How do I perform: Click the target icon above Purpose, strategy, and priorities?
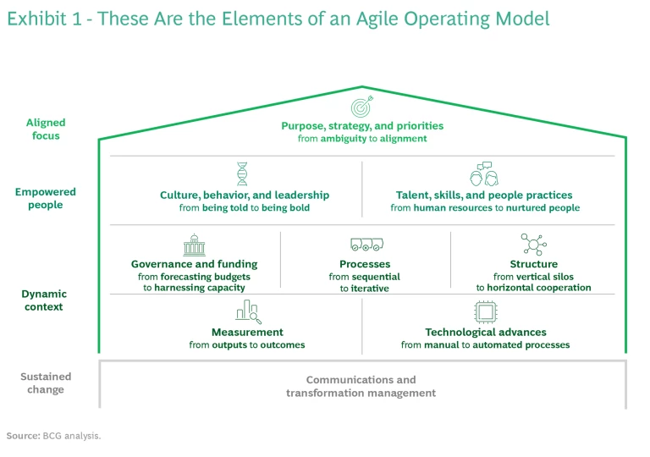pos(362,108)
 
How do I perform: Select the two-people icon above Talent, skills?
pos(483,174)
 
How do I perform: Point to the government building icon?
pos(194,245)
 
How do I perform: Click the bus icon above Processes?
pos(365,245)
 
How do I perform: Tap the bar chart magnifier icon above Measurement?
pos(247,312)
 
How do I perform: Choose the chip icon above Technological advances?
pos(485,312)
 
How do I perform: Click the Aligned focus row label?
pos(46,129)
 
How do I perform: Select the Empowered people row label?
pos(46,198)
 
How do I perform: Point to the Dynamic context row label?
pos(44,300)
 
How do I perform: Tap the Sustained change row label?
pos(46,383)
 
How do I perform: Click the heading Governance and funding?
pos(194,264)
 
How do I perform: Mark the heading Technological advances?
pos(485,333)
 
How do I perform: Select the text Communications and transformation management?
pos(361,387)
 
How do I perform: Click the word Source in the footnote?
pos(23,435)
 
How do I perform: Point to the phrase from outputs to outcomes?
pos(247,345)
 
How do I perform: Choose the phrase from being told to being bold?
pos(245,208)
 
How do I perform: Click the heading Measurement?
pos(247,333)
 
